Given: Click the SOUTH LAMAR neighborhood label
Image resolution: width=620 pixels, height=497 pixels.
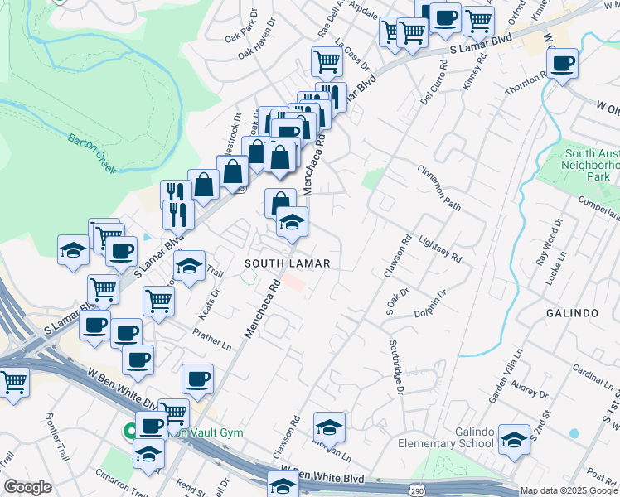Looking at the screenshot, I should [x=288, y=263].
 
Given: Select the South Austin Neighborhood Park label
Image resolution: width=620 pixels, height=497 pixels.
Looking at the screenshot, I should [x=591, y=165].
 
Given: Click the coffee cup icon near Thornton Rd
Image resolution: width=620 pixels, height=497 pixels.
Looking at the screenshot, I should [x=563, y=63].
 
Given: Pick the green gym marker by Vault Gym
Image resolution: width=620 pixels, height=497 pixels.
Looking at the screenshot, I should [x=130, y=431].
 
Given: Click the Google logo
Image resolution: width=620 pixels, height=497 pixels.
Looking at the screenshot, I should [x=27, y=487].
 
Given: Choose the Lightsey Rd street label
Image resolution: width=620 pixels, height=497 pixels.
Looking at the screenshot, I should [x=440, y=247].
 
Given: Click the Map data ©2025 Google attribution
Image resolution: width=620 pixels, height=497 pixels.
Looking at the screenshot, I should [x=569, y=490].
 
